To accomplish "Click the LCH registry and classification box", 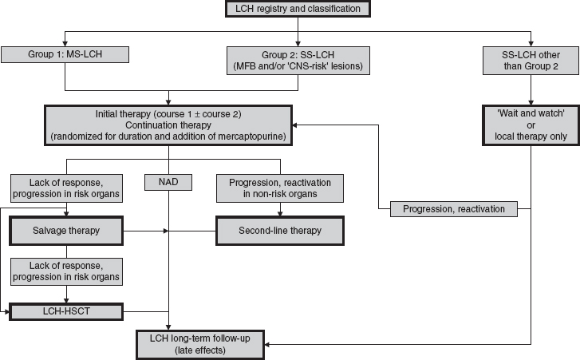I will click(297, 10).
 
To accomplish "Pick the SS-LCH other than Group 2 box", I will click(531, 61).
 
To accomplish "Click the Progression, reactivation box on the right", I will click(454, 209).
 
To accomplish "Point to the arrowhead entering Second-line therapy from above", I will click(280, 215).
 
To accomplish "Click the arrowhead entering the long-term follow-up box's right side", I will click(268, 344).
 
